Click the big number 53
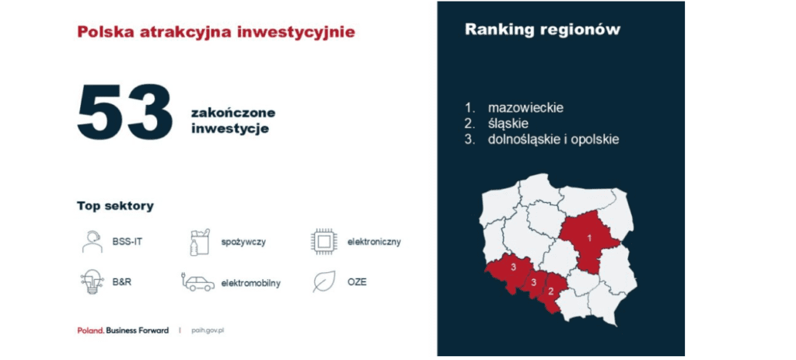[x=125, y=112]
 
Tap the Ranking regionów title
[x=542, y=30]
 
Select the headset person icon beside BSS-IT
[x=92, y=242]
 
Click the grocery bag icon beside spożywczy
[x=200, y=242]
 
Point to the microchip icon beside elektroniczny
[x=324, y=242]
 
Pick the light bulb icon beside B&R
[x=92, y=282]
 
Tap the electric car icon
[x=197, y=282]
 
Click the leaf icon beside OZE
[x=323, y=281]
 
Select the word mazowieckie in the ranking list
[x=526, y=108]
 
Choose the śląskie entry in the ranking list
[x=508, y=124]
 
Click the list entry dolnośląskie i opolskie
[x=553, y=140]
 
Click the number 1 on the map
[x=589, y=238]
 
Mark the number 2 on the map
[x=550, y=292]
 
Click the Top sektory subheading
[x=115, y=206]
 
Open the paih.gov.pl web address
[x=208, y=330]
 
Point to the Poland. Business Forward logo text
[x=123, y=330]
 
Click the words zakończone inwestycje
[x=233, y=121]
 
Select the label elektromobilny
[x=251, y=283]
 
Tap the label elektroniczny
[x=374, y=242]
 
